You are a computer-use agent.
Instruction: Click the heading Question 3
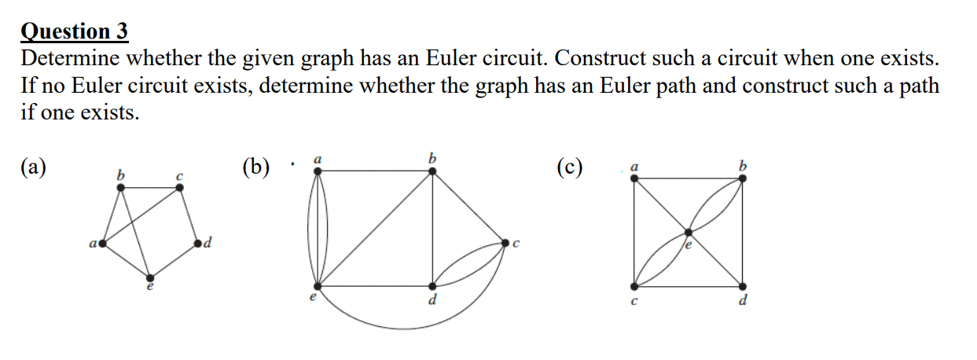[75, 31]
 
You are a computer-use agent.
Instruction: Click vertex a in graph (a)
[101, 245]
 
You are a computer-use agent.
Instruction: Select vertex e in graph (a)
[150, 277]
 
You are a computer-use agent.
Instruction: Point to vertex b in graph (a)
[119, 187]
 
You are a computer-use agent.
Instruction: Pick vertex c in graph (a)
[180, 187]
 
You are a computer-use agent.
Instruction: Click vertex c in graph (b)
[506, 243]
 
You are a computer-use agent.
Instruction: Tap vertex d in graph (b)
[432, 286]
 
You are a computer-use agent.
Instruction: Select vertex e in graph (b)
[318, 286]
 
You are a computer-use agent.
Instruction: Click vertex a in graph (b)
[318, 173]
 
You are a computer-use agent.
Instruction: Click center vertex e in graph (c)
[689, 232]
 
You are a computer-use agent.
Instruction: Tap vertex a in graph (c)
[635, 178]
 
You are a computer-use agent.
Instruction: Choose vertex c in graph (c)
[635, 286]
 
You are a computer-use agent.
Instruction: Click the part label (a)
[34, 167]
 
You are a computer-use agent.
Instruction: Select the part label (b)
[257, 167]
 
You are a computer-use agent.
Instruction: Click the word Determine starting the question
[70, 59]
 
